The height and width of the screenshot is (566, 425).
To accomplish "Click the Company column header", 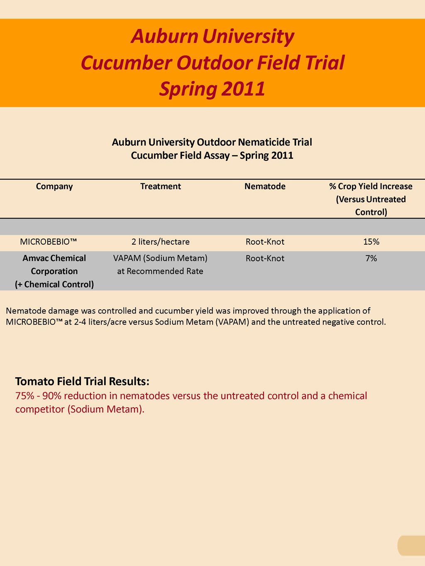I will (x=54, y=187).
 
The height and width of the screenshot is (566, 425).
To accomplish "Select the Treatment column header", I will (x=161, y=187).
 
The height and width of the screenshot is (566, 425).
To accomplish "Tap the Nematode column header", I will (x=265, y=187).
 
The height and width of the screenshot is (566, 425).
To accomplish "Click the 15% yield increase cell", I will (x=371, y=242).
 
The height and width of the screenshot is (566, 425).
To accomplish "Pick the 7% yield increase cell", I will (x=371, y=258).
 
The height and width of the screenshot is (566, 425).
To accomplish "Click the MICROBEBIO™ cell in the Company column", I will (x=49, y=242).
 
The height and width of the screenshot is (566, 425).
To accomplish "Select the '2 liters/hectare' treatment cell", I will (x=161, y=242).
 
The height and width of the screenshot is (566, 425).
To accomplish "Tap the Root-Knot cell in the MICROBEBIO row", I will (x=265, y=242).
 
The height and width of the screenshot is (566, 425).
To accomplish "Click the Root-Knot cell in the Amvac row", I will (x=265, y=258).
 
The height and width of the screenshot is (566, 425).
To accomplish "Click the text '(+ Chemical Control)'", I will (x=54, y=284).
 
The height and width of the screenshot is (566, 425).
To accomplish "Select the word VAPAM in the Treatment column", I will (x=127, y=258).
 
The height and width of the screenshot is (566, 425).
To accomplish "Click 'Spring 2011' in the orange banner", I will (x=212, y=89).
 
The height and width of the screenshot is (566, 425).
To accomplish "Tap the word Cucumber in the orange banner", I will (x=126, y=63).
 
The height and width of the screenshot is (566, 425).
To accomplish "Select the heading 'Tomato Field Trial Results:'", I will (x=82, y=381).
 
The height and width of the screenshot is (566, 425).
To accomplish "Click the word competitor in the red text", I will (x=40, y=410).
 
